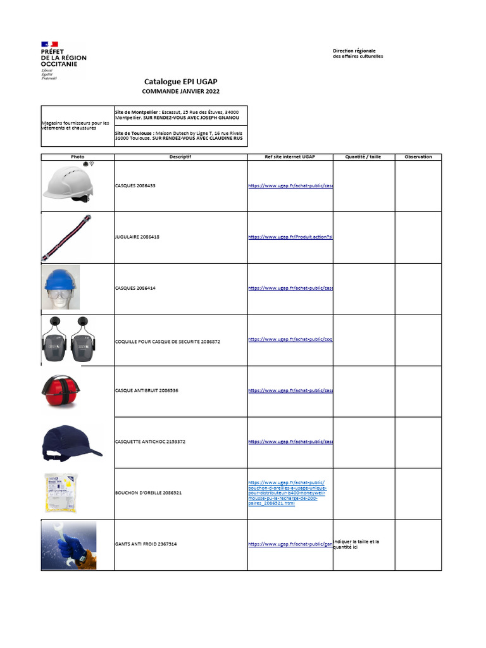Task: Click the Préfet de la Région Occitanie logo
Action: [x=63, y=61]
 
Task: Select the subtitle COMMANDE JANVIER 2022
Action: [x=180, y=91]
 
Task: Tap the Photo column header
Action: [x=77, y=157]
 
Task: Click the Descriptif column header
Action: [x=180, y=157]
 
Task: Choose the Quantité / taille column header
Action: [x=363, y=157]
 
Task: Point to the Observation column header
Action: [x=418, y=157]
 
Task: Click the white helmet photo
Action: [x=68, y=184]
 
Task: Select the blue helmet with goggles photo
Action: [x=61, y=287]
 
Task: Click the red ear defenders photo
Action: [x=61, y=391]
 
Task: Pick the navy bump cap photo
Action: [x=70, y=442]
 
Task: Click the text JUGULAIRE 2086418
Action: [x=137, y=237]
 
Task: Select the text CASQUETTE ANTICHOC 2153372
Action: [x=149, y=441]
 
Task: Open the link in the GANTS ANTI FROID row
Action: [x=290, y=544]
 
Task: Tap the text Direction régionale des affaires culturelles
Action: [x=358, y=53]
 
